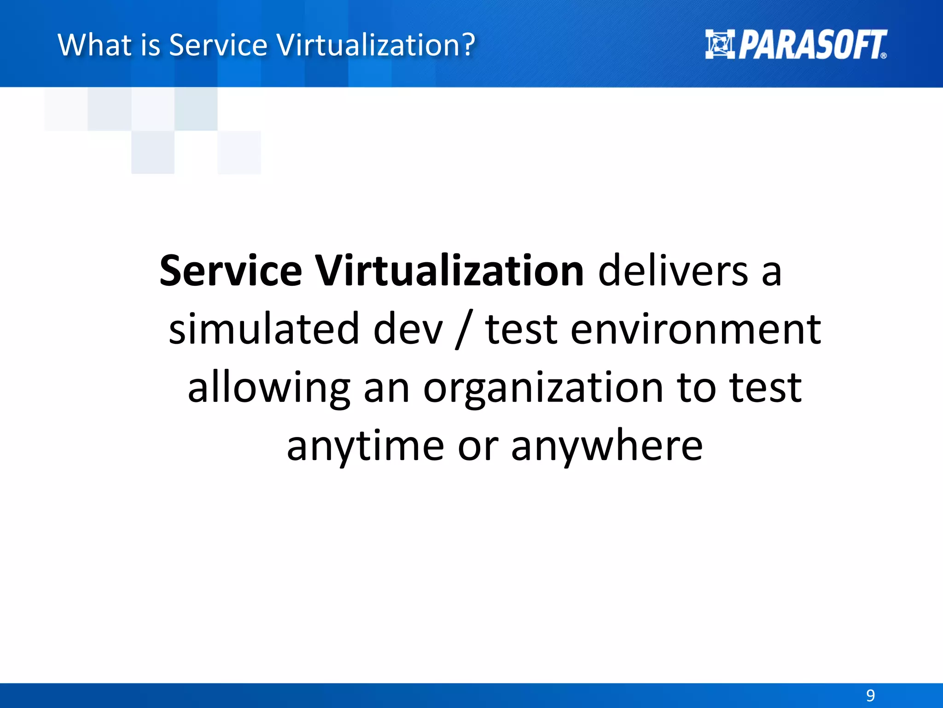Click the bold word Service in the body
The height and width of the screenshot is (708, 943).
tap(231, 271)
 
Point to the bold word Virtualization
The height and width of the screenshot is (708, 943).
tap(450, 271)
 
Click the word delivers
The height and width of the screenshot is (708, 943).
tap(673, 271)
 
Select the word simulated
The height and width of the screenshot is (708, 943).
tap(264, 329)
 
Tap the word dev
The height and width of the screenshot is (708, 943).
tap(408, 329)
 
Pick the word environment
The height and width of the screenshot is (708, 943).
tap(695, 329)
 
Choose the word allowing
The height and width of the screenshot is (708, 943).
tap(269, 388)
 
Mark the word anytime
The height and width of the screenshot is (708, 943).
tap(366, 446)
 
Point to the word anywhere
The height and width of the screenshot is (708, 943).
tap(607, 446)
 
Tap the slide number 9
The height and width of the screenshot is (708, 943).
tap(870, 695)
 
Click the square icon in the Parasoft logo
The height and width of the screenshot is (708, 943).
tap(720, 44)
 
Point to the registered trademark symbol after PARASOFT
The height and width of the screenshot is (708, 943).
tap(883, 55)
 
